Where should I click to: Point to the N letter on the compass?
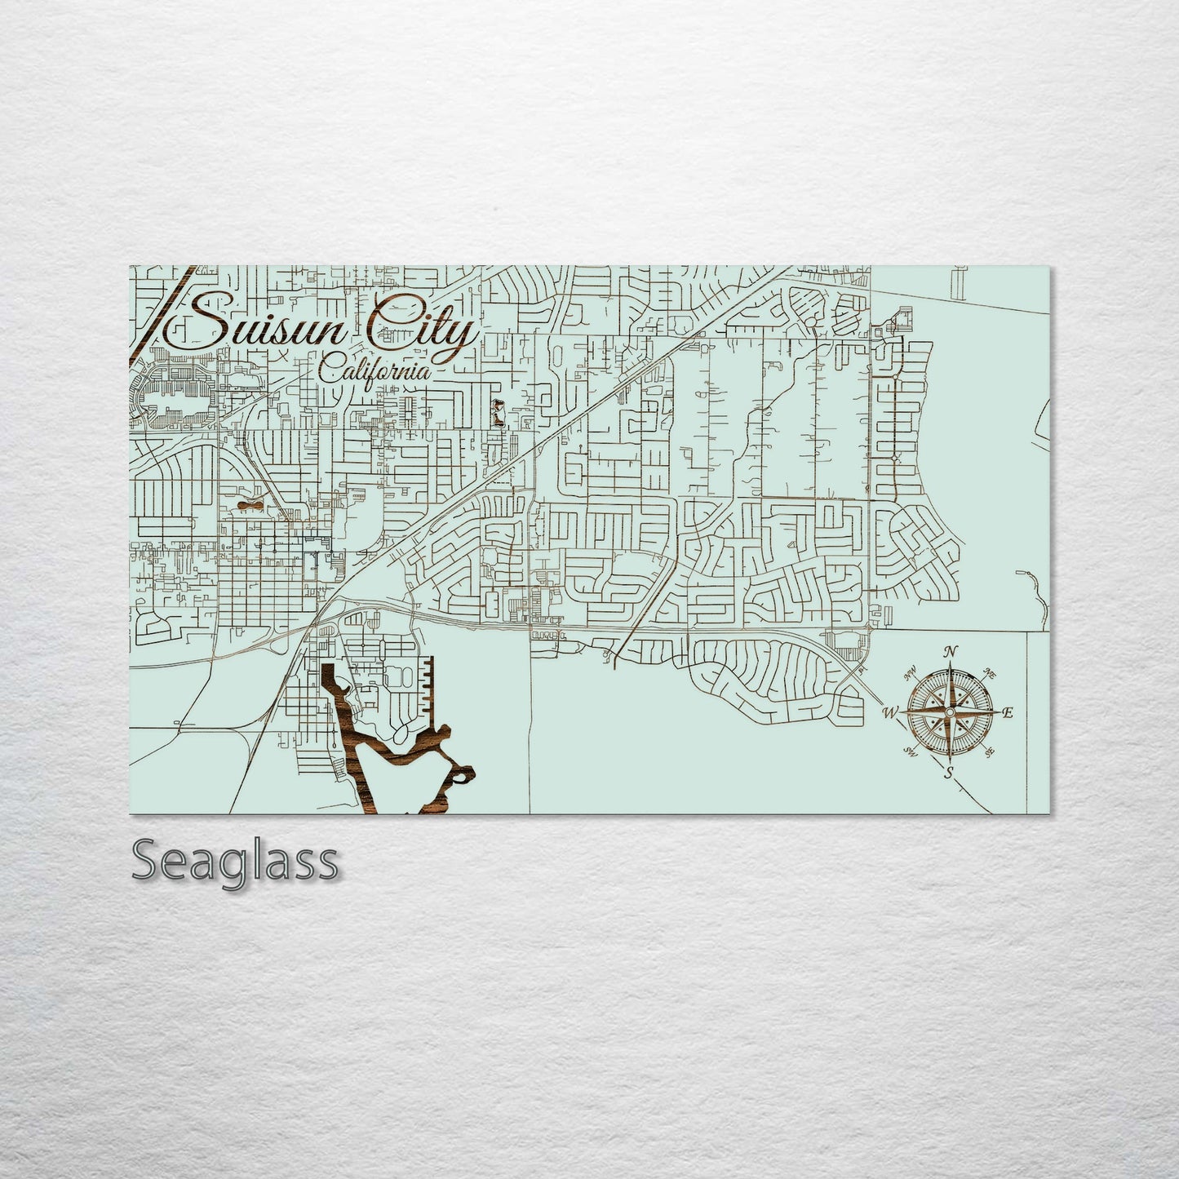click(950, 651)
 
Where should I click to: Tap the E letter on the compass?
click(1007, 712)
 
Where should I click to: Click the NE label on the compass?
click(990, 674)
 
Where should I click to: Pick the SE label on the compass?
click(990, 752)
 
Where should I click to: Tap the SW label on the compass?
click(910, 752)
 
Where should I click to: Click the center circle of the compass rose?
click(949, 712)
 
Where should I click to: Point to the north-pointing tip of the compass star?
click(949, 666)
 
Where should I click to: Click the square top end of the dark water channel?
click(328, 670)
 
